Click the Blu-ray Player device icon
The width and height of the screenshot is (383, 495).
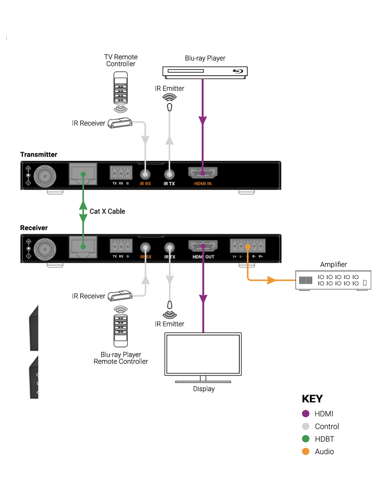pos(205,72)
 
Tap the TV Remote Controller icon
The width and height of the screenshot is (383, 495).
pos(120,88)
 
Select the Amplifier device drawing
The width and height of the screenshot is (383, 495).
pos(333,280)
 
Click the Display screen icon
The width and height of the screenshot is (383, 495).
pos(203,354)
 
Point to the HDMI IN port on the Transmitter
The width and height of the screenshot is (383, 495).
pos(203,173)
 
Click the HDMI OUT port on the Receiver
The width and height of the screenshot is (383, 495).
pos(203,246)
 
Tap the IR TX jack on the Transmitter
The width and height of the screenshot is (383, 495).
pos(170,174)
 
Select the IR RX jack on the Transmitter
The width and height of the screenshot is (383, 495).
pos(145,174)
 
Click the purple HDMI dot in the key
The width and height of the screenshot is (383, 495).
pos(306,414)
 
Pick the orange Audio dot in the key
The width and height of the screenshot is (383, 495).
pos(306,451)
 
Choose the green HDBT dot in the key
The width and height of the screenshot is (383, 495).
pos(306,439)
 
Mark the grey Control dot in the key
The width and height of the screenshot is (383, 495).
pos(306,426)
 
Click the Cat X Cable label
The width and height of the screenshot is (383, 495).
pos(107,211)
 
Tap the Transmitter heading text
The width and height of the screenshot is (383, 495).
pos(39,155)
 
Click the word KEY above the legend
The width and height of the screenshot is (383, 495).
pos(312,399)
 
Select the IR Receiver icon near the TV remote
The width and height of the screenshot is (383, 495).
pos(120,123)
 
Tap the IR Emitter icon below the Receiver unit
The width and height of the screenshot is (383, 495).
pos(170,309)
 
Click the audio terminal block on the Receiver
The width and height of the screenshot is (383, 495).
pos(248,246)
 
